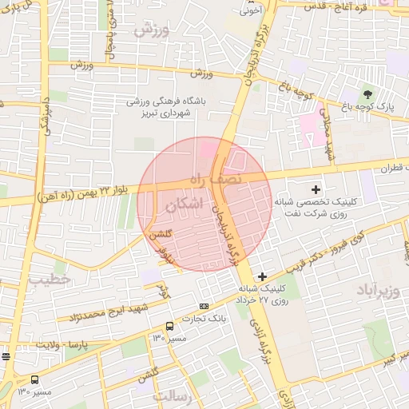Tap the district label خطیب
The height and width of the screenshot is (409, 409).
pos(50,280)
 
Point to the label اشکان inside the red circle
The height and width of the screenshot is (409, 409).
pos(187,205)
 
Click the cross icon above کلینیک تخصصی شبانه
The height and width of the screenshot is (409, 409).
pos(316,190)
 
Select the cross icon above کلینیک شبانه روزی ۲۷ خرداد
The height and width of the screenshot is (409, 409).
pos(262,276)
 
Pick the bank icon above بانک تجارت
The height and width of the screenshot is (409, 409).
pos(204,306)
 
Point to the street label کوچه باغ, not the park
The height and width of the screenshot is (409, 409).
pos(294,89)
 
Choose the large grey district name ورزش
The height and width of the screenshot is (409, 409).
pos(152,31)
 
